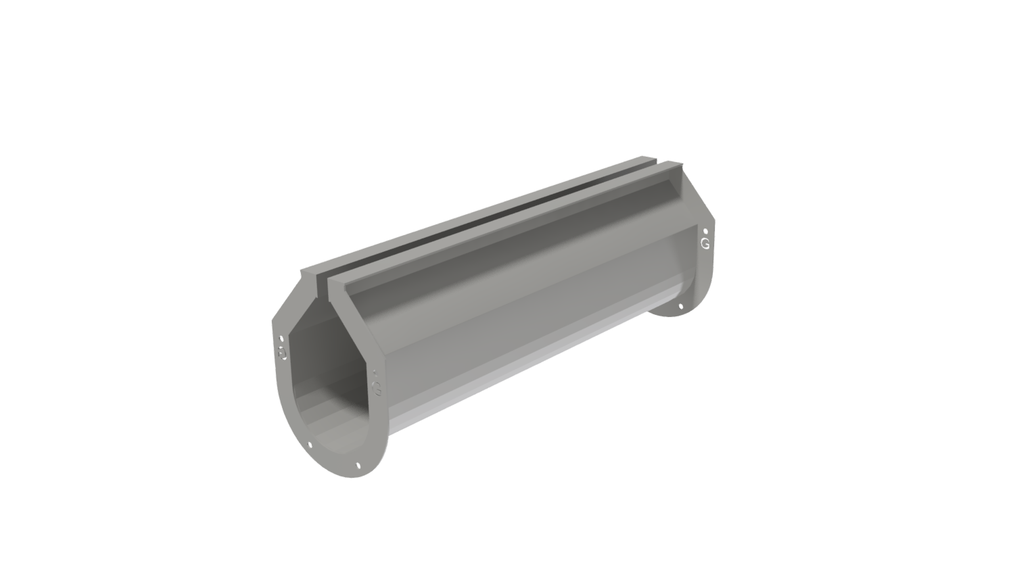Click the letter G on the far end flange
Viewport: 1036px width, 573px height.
[x=705, y=243]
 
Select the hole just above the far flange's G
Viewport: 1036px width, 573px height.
[x=706, y=230]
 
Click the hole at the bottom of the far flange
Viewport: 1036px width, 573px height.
[x=681, y=307]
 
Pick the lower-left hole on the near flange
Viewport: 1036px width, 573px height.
[x=310, y=445]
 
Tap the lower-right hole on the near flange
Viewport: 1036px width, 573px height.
[x=358, y=464]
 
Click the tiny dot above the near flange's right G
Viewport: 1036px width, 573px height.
[x=375, y=372]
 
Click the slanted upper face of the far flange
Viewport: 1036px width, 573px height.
[x=697, y=196]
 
